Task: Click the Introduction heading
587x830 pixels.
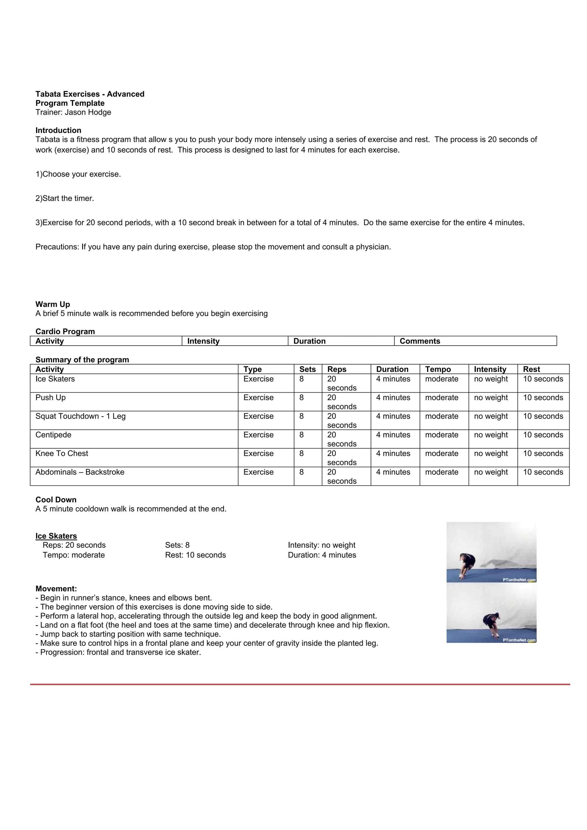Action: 58,130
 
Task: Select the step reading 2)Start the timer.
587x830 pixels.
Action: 65,198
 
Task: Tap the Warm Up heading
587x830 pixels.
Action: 53,304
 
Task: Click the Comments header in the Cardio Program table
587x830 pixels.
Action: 420,341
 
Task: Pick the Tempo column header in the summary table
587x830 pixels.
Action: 438,369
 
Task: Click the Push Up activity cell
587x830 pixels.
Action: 51,398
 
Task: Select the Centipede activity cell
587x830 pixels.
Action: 54,435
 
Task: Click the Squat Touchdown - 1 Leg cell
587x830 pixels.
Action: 80,416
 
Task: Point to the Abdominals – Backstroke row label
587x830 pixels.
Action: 80,472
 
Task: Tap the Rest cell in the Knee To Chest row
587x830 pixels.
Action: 543,454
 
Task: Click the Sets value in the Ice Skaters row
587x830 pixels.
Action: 302,379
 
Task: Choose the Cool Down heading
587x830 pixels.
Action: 56,500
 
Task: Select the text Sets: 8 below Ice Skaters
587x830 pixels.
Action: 177,545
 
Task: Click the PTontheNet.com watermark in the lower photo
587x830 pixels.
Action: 519,640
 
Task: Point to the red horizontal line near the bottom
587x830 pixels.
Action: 300,684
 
